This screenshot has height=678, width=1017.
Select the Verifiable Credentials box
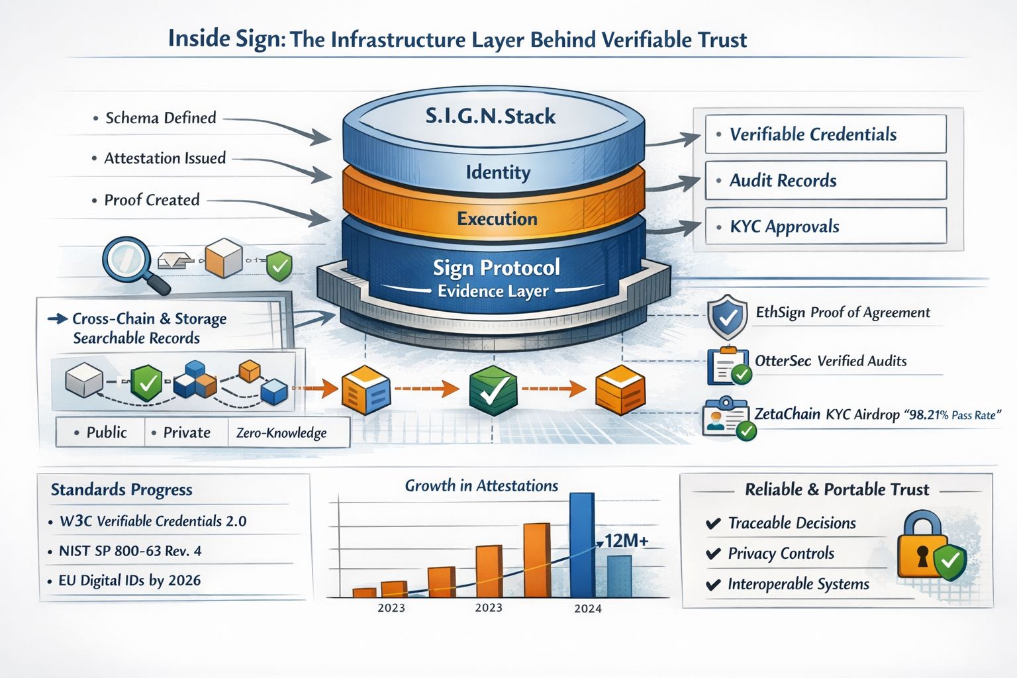click(826, 134)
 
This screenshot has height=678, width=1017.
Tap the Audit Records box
click(826, 180)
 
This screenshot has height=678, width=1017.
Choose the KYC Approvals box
click(826, 226)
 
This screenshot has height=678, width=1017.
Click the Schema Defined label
click(161, 118)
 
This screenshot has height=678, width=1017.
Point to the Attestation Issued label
click(165, 158)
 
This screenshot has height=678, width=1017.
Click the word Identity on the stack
click(498, 173)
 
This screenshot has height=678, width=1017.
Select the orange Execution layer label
click(497, 218)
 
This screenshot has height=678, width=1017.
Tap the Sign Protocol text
click(496, 267)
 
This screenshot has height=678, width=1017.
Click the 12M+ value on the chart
click(626, 541)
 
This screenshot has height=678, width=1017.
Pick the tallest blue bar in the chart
click(581, 544)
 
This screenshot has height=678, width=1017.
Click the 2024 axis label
click(588, 608)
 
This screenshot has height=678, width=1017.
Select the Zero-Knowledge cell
click(281, 433)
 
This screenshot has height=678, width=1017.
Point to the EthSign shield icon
click(727, 317)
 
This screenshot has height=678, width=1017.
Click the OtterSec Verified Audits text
click(830, 362)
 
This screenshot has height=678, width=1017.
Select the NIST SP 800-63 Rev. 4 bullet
click(130, 551)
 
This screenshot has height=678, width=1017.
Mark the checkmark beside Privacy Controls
click(713, 554)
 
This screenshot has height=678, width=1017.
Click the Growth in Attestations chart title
click(481, 486)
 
